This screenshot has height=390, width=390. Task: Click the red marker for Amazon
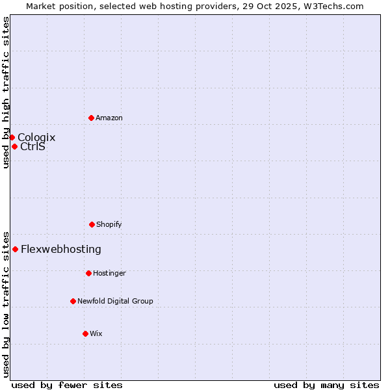point(91,118)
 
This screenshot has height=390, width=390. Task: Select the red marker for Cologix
point(12,137)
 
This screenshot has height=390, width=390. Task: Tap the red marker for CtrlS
point(14,146)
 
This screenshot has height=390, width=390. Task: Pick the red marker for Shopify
point(92,224)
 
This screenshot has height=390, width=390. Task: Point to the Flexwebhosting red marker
point(15,249)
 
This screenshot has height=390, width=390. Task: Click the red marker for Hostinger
point(88,273)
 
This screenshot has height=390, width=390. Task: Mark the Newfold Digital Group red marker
point(73,301)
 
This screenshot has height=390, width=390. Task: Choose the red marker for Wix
point(85,333)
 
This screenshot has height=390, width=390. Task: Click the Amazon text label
point(109,118)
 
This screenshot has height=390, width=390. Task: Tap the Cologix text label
point(36,137)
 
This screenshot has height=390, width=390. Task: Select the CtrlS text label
point(32,146)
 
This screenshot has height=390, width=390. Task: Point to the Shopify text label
point(109,224)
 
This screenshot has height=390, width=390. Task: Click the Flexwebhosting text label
point(61,249)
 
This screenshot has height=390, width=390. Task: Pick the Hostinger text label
point(109,273)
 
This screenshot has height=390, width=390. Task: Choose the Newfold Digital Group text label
point(115,301)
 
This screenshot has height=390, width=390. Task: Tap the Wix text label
point(96,333)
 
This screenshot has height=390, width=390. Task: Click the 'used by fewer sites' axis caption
point(67,385)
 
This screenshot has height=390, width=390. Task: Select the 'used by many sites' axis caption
point(326,385)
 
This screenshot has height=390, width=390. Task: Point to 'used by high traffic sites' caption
point(6,92)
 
